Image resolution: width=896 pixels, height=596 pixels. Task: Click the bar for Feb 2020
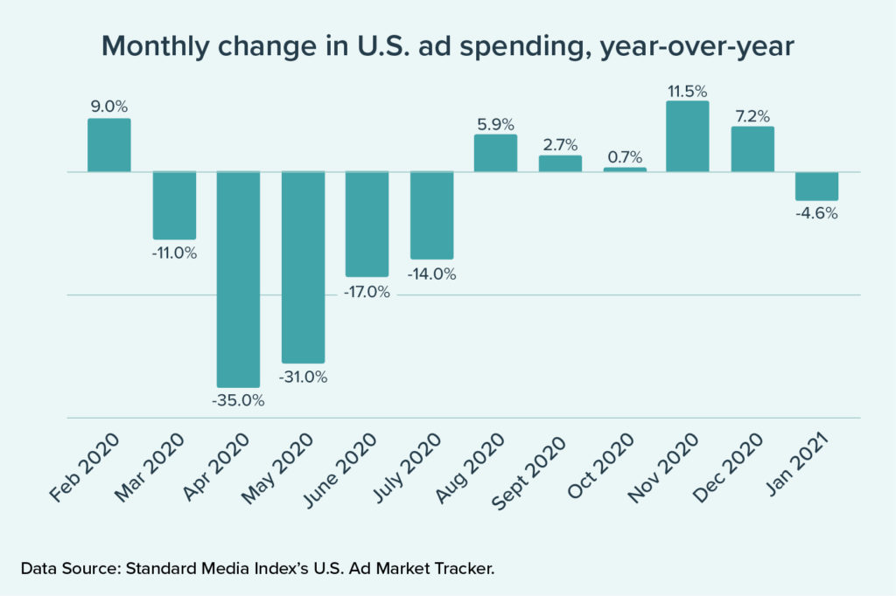(108, 145)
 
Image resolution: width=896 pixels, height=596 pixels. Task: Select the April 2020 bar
(238, 279)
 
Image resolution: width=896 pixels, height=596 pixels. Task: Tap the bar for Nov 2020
(687, 136)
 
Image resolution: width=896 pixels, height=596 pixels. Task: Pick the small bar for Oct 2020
(625, 170)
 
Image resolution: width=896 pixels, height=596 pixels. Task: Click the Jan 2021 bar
(816, 185)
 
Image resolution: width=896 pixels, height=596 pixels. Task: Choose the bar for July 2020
(432, 214)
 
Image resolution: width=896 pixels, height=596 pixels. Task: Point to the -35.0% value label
(238, 401)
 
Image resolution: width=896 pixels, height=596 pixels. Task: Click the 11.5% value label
(687, 90)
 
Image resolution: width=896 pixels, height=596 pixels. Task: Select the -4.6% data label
(816, 213)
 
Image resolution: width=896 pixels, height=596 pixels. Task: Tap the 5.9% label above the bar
(495, 123)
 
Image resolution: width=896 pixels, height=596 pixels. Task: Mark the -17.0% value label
(367, 292)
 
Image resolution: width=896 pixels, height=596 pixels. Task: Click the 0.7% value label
(625, 157)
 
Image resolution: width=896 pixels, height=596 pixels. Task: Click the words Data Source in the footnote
(71, 569)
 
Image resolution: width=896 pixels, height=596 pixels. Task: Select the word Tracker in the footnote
(463, 569)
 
